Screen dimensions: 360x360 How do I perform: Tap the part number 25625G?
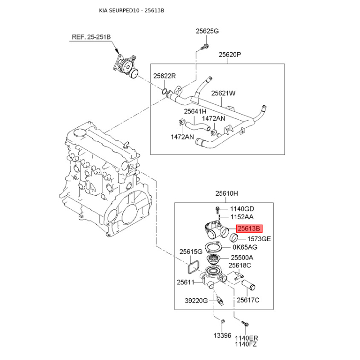pyautogui.click(x=207, y=31)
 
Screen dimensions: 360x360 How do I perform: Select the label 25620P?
pyautogui.click(x=230, y=55)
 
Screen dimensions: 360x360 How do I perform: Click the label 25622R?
pyautogui.click(x=164, y=76)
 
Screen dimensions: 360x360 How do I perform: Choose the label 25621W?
pyautogui.click(x=224, y=94)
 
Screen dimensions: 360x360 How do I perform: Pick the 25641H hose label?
pyautogui.click(x=195, y=111)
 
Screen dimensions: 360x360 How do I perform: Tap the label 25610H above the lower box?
pyautogui.click(x=226, y=194)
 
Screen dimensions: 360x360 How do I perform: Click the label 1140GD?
pyautogui.click(x=242, y=209)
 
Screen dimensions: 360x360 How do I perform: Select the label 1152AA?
pyautogui.click(x=242, y=217)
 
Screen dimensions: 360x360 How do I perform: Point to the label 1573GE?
pyautogui.click(x=259, y=239)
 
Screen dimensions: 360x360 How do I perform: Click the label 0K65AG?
pyautogui.click(x=245, y=247)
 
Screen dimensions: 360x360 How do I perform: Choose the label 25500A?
pyautogui.click(x=242, y=258)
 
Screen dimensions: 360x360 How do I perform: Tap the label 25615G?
pyautogui.click(x=191, y=252)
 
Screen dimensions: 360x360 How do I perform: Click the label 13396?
pyautogui.click(x=222, y=335)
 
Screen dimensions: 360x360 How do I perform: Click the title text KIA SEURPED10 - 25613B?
pyautogui.click(x=131, y=10)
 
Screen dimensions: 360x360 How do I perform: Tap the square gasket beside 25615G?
pyautogui.click(x=191, y=266)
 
